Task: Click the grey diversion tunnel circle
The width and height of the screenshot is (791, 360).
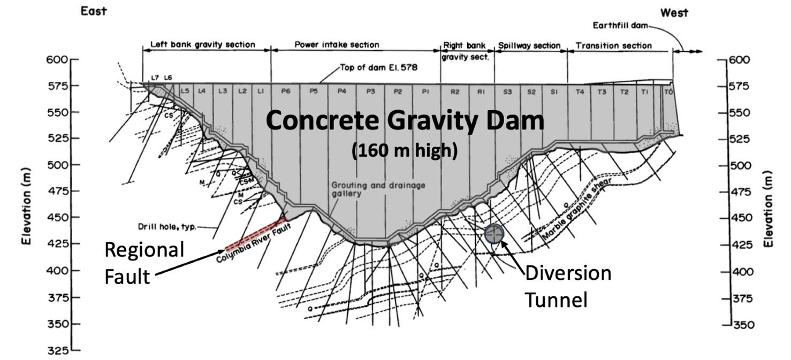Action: point(494,234)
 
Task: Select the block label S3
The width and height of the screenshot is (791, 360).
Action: point(507,92)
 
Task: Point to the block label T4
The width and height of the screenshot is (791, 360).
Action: point(579,92)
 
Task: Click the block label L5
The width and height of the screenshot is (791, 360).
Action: point(185,91)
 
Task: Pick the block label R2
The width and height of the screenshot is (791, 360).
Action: point(455,92)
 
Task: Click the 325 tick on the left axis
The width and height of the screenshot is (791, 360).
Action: point(75,350)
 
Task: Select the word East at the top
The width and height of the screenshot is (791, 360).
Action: point(94,11)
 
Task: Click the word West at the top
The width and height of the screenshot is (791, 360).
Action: point(674,13)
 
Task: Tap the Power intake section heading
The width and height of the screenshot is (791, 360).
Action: point(337,45)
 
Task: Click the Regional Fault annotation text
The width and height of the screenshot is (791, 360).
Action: point(143,263)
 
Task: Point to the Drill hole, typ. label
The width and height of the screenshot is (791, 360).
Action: point(166,227)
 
